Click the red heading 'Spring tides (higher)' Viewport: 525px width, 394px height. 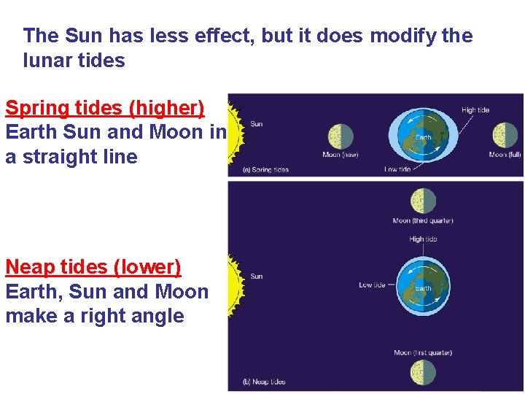pyautogui.click(x=104, y=109)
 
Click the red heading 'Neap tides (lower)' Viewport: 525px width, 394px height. pyautogui.click(x=93, y=267)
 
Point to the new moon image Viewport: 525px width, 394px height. pyautogui.click(x=341, y=136)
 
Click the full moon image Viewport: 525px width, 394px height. pyautogui.click(x=505, y=135)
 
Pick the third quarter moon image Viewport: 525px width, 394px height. pyautogui.click(x=423, y=201)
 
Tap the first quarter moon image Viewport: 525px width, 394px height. pyautogui.click(x=423, y=372)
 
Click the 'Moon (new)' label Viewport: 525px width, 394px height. pyautogui.click(x=341, y=154)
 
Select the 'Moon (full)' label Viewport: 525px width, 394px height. pyautogui.click(x=505, y=154)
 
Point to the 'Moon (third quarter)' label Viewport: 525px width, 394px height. pyautogui.click(x=423, y=220)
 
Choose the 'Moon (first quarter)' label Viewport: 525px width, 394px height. pyautogui.click(x=423, y=353)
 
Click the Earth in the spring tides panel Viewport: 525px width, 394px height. pyautogui.click(x=423, y=136)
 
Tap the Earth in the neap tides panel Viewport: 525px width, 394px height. pyautogui.click(x=423, y=287)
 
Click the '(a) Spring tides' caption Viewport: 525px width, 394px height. pyautogui.click(x=265, y=170)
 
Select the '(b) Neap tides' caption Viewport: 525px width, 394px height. pyautogui.click(x=264, y=382)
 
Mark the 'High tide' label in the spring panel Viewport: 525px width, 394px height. pyautogui.click(x=475, y=110)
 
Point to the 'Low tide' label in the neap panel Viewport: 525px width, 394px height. pyautogui.click(x=372, y=285)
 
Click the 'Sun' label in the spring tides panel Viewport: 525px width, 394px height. pyautogui.click(x=256, y=124)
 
